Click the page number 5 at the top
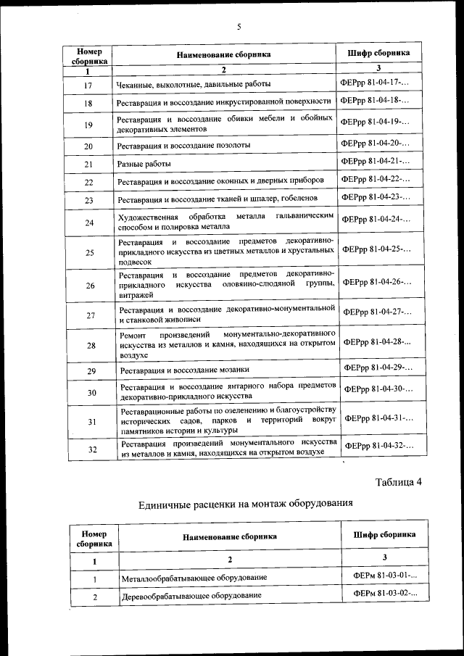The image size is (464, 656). point(238,27)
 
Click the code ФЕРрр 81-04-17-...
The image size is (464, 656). point(373,83)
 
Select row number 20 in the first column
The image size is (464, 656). point(88,146)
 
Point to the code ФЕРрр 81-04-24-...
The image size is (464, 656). point(376,219)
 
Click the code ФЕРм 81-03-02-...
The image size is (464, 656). point(385,594)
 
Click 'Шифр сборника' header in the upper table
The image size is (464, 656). point(378,53)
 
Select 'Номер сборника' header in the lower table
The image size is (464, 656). point(94,538)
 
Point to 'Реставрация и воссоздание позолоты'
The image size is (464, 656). point(184,145)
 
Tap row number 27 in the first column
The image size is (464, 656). point(90,315)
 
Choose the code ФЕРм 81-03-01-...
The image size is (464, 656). point(385,576)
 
